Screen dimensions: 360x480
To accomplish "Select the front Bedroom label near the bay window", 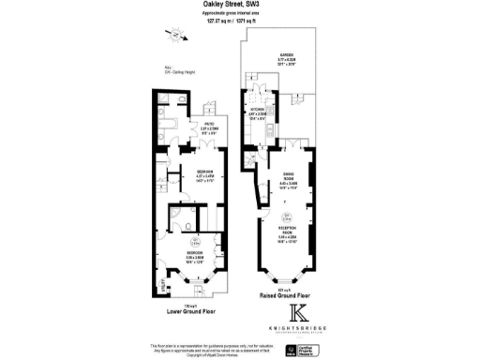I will point(192,256).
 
